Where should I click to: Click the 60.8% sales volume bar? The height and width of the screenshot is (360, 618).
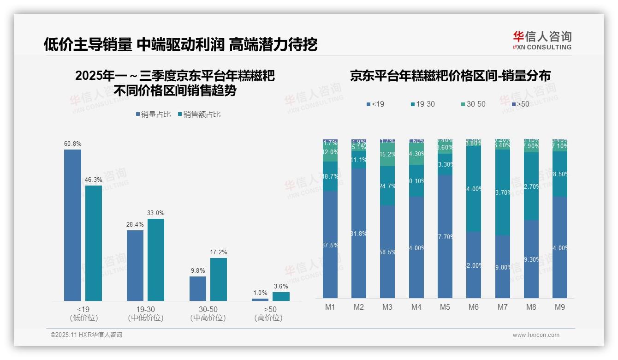[72, 225]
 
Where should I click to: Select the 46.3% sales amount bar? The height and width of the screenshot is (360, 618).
[94, 243]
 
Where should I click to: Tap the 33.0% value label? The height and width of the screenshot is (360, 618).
[156, 213]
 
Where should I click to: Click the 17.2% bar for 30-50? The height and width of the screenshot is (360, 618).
[219, 279]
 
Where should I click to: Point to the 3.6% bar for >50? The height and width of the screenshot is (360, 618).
[281, 296]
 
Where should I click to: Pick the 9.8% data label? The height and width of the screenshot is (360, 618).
[197, 271]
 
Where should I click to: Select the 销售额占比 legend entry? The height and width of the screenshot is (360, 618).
[199, 114]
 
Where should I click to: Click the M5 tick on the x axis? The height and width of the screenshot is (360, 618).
[445, 307]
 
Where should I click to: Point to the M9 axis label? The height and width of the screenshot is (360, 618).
[559, 307]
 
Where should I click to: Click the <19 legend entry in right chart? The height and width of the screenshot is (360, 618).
[375, 104]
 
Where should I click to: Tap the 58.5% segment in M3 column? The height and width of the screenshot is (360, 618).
[387, 252]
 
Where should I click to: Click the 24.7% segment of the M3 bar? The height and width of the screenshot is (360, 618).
[387, 186]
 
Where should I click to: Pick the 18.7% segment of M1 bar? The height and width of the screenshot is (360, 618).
[330, 176]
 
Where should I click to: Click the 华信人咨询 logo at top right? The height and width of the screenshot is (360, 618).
[542, 40]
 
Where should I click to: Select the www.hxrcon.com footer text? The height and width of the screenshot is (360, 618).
[536, 335]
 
